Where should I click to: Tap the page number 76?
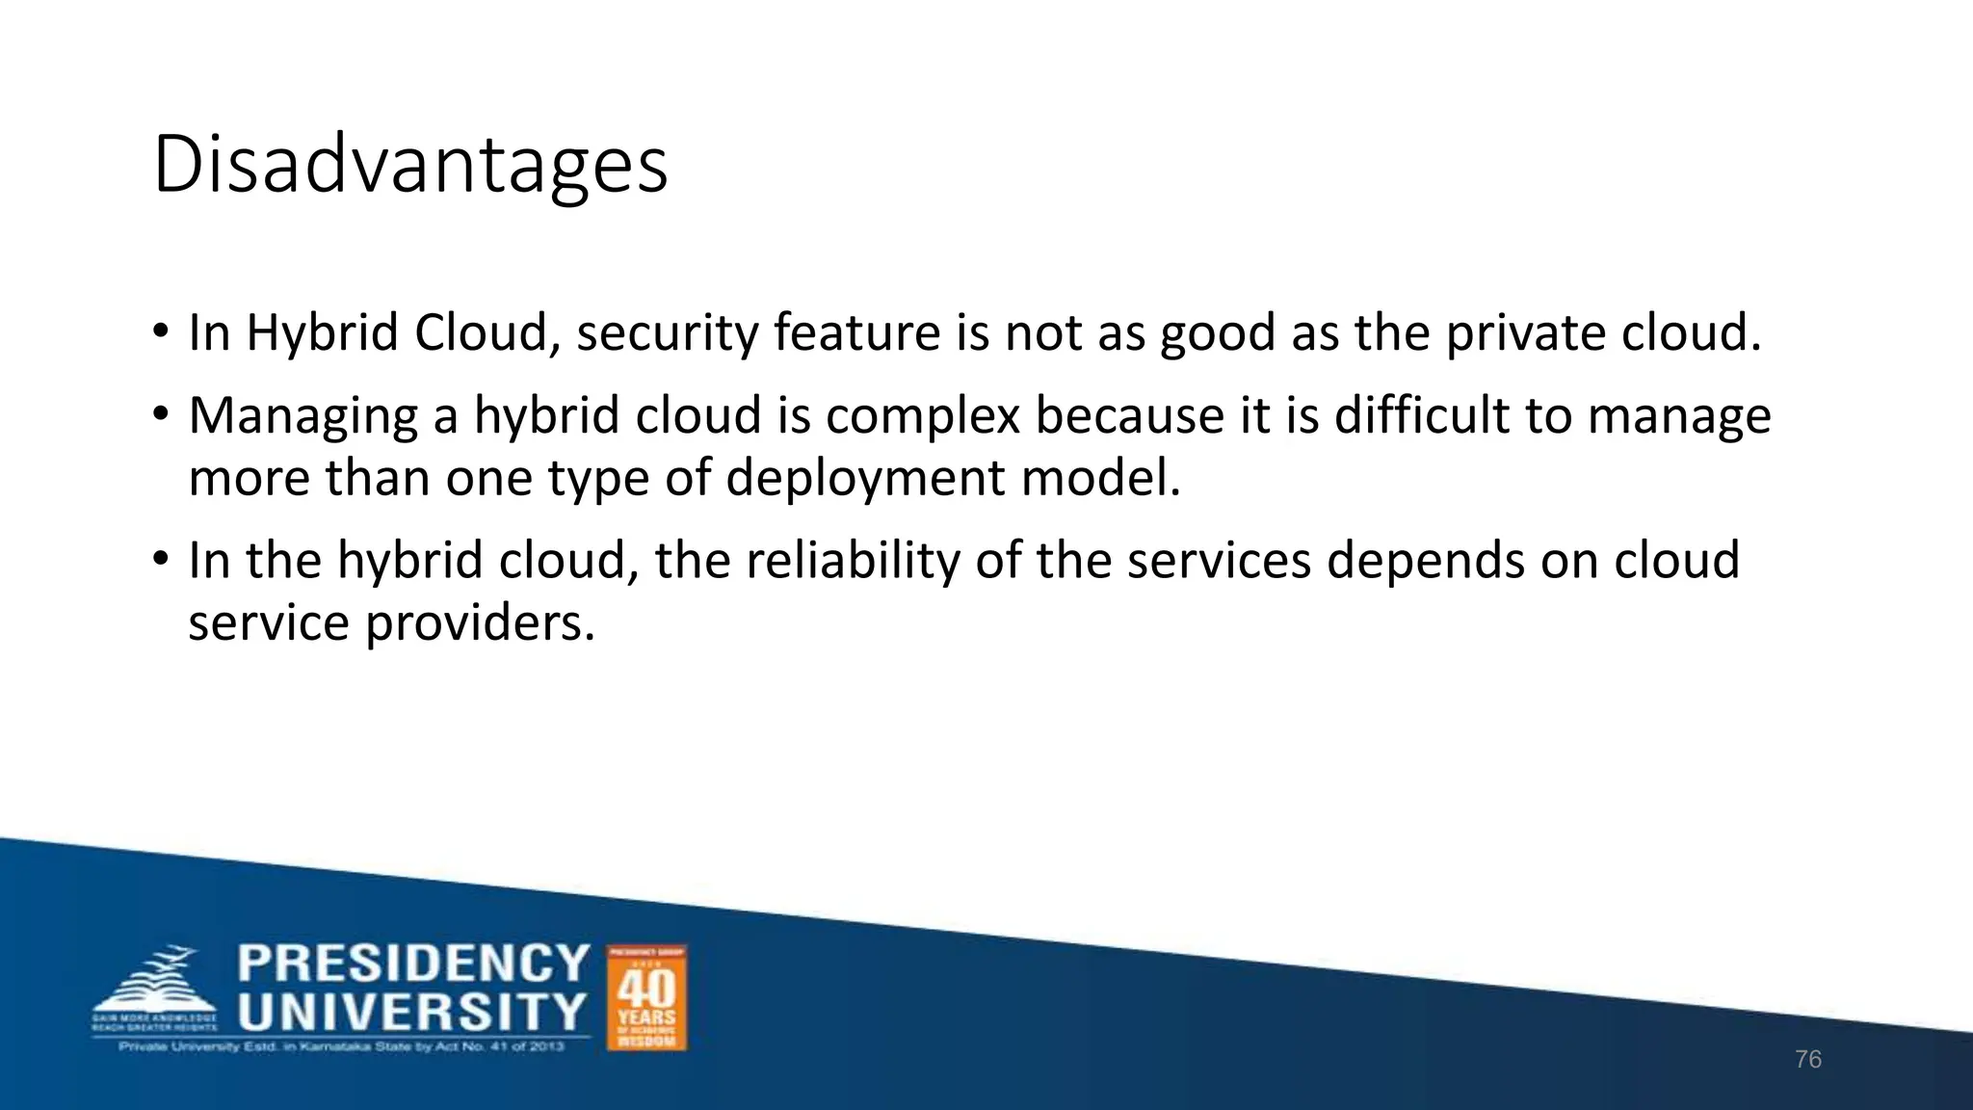pos(1808,1060)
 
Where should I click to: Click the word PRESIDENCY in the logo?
pos(413,964)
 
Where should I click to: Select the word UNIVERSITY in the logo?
pos(412,1012)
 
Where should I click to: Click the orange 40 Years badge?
pos(646,997)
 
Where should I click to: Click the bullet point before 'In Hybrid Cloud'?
pos(161,333)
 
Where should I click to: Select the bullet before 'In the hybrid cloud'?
pos(161,560)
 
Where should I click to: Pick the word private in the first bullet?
pos(1525,333)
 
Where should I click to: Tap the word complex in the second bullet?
pos(922,416)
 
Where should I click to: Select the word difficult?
pos(1422,416)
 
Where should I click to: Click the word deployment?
pos(864,479)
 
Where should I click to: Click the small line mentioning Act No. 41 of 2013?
pos(341,1046)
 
